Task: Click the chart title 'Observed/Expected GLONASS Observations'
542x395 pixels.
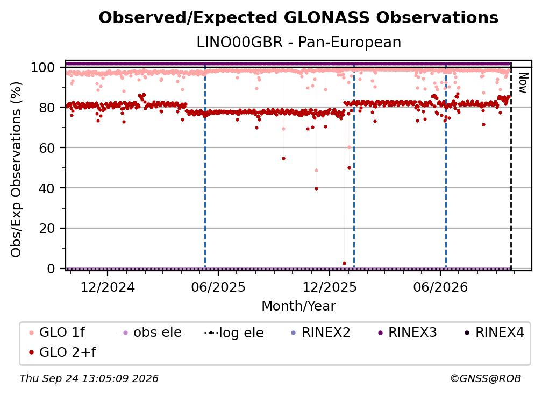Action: pos(298,18)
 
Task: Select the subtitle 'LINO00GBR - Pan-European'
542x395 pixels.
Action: pos(298,42)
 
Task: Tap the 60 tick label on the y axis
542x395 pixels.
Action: pos(47,148)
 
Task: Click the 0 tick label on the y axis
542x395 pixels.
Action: pos(51,269)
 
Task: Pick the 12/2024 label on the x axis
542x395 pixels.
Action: pos(108,287)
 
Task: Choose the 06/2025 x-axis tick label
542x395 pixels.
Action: pos(218,287)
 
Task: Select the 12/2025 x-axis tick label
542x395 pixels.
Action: pos(330,287)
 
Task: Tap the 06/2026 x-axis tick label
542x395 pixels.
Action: pos(440,287)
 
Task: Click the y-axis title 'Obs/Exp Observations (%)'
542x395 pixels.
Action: pos(16,169)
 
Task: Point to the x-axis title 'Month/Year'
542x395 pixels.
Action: pos(298,306)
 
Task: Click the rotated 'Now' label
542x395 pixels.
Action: pos(523,83)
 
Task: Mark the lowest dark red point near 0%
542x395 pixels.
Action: pos(344,263)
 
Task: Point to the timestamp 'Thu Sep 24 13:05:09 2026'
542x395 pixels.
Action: pos(89,378)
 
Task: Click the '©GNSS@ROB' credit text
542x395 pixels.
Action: pos(486,378)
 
